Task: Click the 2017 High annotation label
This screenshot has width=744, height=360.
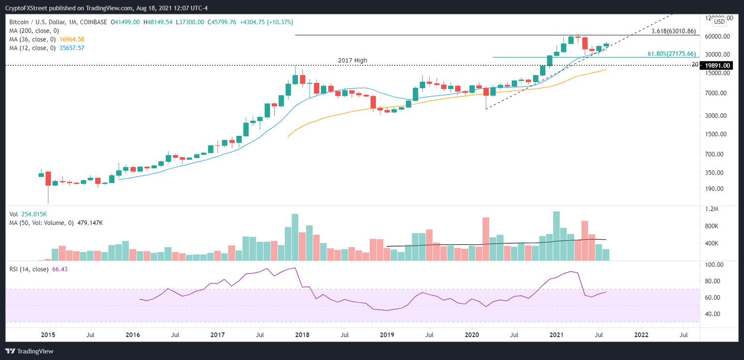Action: (x=352, y=60)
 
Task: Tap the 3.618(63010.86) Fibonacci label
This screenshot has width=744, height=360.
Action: (x=674, y=31)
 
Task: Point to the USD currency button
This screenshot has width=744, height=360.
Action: (x=719, y=21)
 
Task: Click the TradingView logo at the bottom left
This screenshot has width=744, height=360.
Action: (x=30, y=351)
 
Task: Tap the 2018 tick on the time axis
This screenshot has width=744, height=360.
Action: (x=302, y=334)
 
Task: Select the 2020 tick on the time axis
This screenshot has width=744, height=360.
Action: (x=472, y=334)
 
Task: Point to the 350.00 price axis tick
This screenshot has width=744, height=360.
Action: (x=715, y=172)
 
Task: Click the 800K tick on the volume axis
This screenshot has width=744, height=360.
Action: (x=714, y=226)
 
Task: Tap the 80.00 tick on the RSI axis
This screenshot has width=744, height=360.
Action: (x=714, y=281)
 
